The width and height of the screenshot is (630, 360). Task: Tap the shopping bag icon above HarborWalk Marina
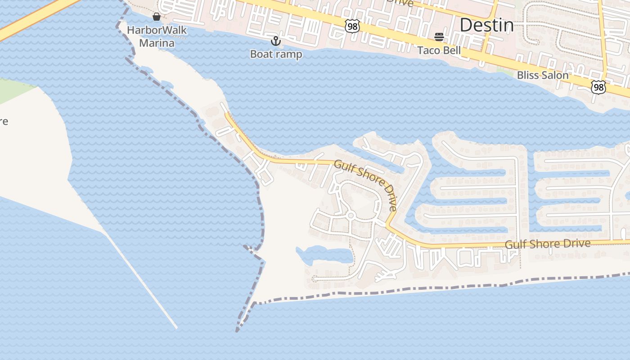(157, 17)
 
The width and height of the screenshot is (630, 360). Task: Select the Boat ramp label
(276, 54)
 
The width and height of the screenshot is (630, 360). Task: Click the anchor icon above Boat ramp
(275, 41)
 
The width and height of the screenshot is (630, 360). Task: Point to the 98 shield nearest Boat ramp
(352, 26)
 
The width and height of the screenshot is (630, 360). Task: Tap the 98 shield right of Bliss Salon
(598, 87)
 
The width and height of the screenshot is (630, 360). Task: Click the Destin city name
(486, 25)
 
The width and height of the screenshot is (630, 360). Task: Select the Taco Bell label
(439, 50)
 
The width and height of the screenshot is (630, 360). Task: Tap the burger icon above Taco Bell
(439, 37)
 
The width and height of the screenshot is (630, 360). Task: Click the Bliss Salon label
(543, 75)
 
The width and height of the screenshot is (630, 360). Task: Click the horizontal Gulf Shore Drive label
(547, 244)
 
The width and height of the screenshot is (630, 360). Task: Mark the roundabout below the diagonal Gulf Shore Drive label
(351, 216)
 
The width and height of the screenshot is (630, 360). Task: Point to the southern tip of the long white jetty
(176, 328)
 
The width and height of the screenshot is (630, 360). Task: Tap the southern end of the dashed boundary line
(237, 332)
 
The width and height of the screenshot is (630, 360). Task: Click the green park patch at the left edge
(13, 90)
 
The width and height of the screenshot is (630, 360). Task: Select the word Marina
(157, 43)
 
